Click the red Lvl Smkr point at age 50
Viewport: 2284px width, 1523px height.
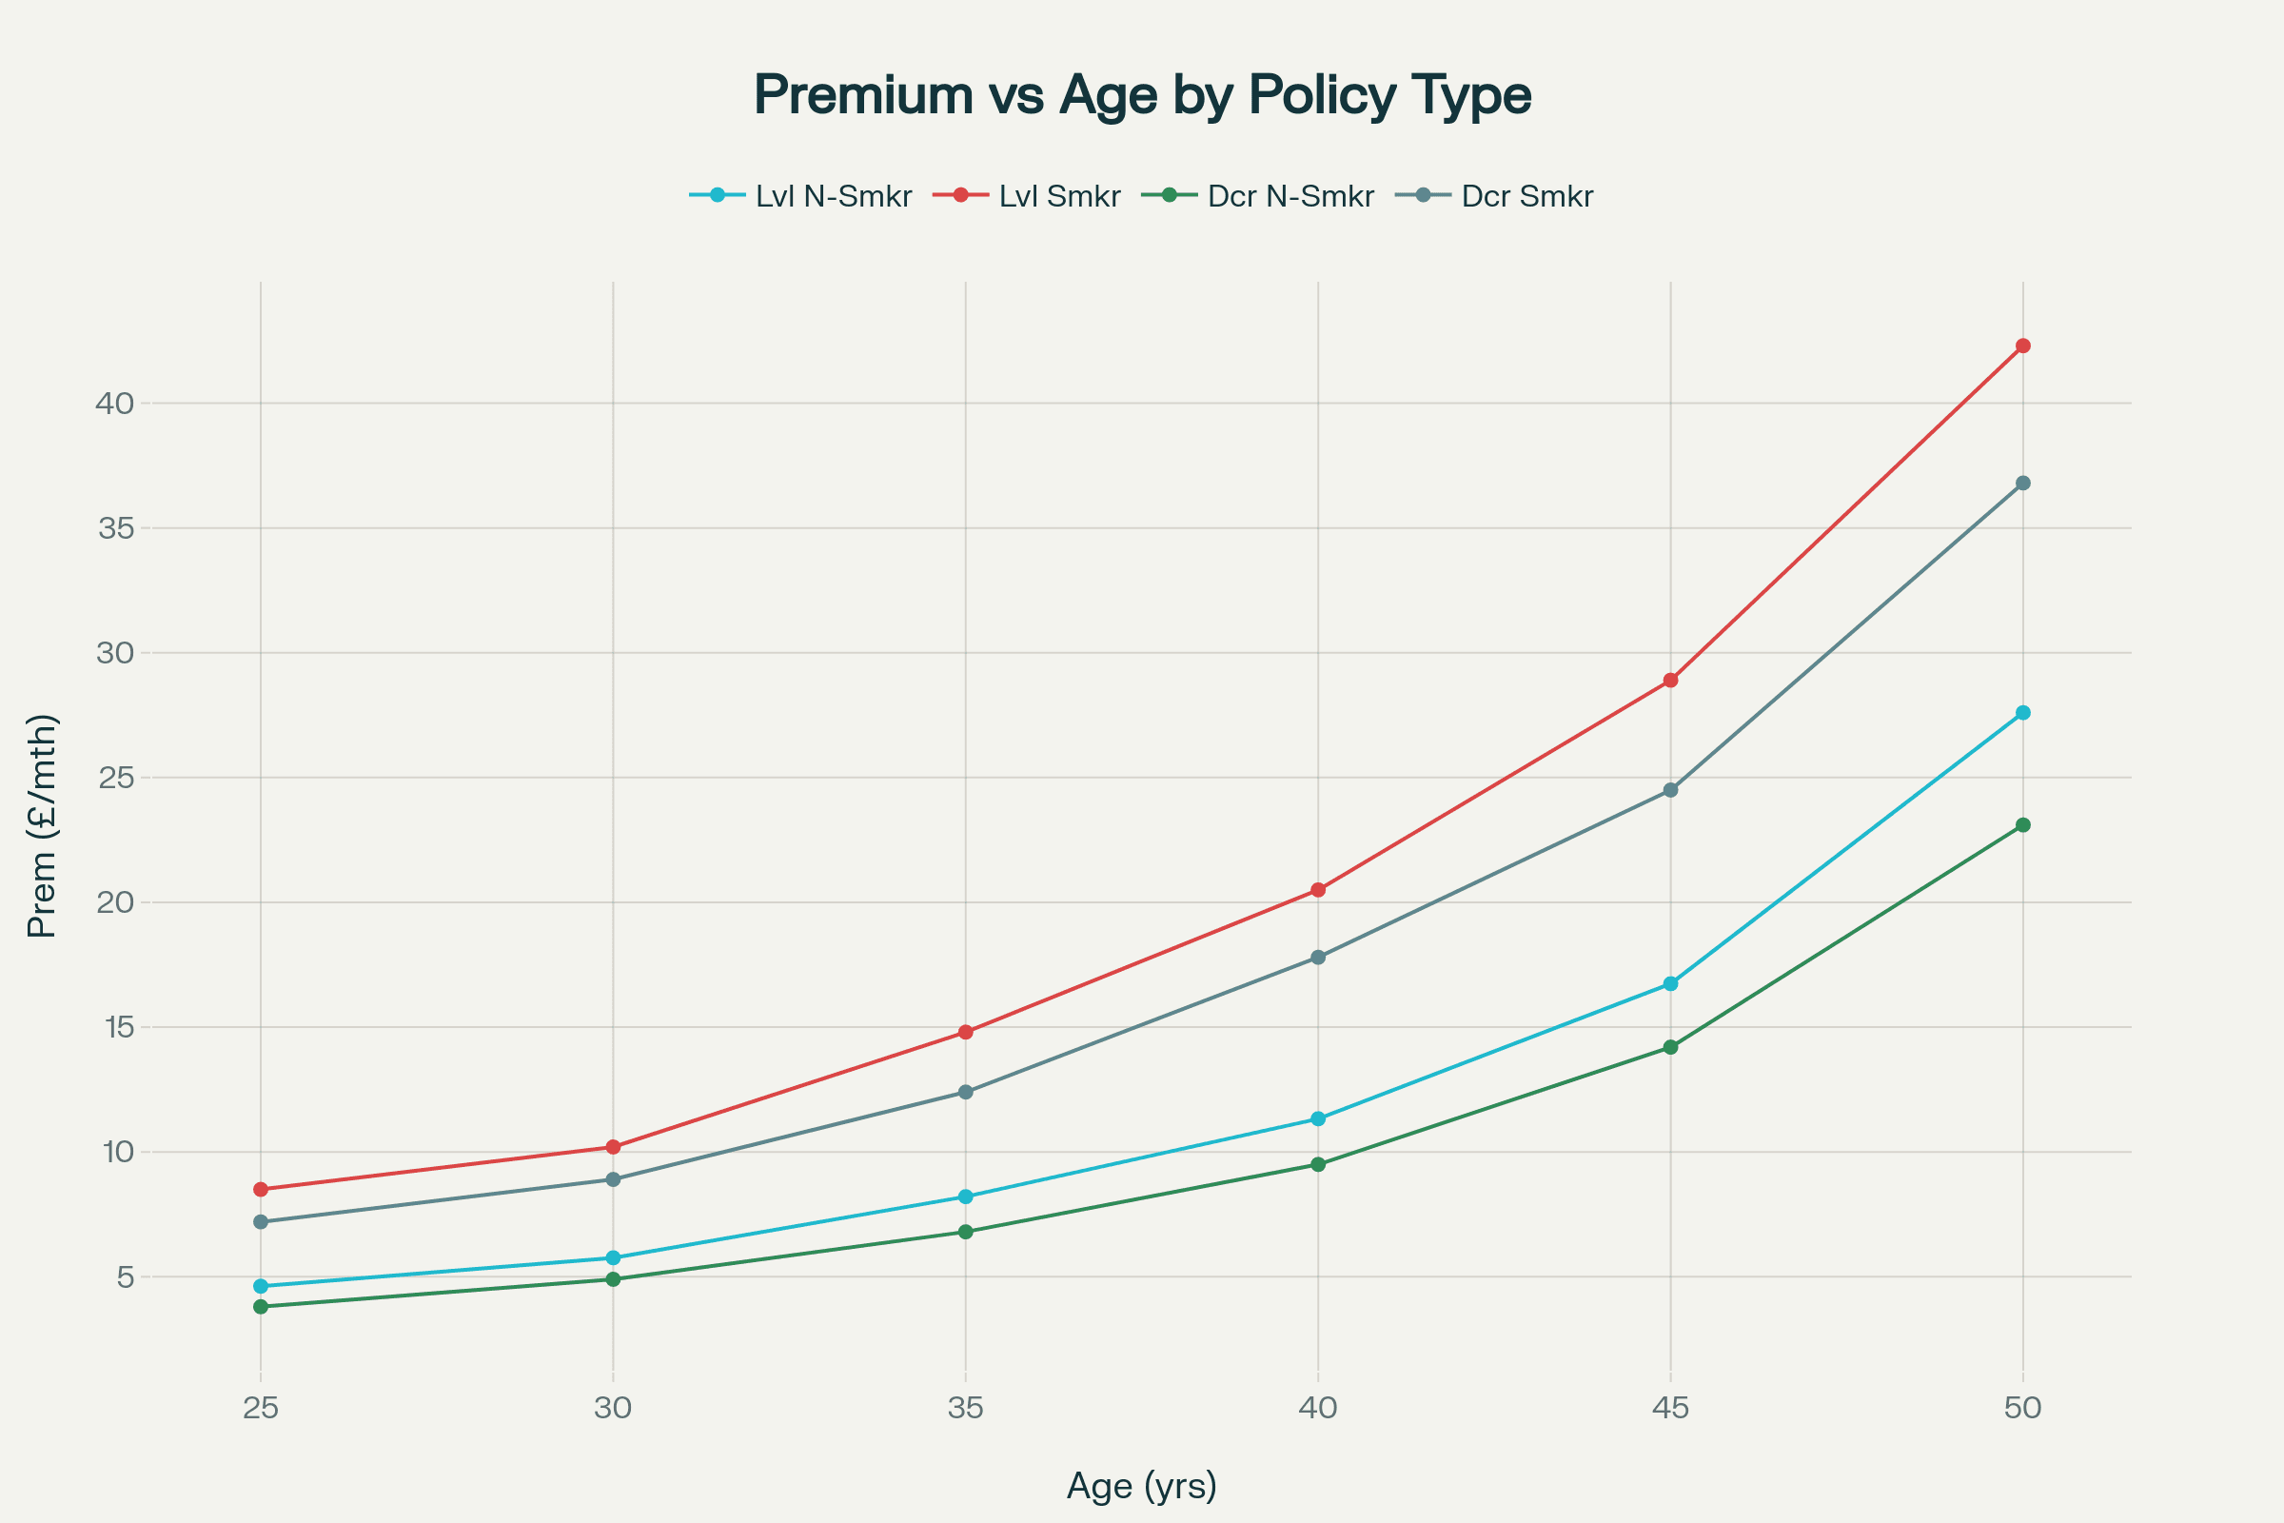2023,346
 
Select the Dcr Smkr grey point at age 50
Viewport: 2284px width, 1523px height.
2023,483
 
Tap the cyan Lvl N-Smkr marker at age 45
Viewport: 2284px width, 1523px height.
1670,984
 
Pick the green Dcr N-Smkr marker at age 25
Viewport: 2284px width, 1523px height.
260,1306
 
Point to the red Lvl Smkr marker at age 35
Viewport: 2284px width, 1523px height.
965,1032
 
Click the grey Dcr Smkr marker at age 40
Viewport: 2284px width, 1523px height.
1318,957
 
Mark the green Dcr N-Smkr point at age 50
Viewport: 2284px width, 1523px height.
2023,824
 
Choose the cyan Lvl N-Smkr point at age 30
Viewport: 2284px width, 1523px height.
613,1257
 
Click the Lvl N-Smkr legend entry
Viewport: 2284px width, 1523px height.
801,196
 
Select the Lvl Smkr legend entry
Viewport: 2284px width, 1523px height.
1028,196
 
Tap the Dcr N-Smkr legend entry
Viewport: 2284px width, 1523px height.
1258,196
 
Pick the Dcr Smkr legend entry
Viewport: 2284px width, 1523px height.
1495,196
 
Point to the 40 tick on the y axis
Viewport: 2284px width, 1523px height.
114,403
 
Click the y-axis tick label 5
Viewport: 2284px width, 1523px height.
126,1276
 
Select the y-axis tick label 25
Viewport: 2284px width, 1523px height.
114,778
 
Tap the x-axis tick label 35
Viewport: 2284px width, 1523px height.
965,1408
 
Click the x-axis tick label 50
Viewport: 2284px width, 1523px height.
2023,1408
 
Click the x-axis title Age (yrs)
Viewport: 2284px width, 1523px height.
1141,1486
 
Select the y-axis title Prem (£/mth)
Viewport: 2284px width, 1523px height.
42,825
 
